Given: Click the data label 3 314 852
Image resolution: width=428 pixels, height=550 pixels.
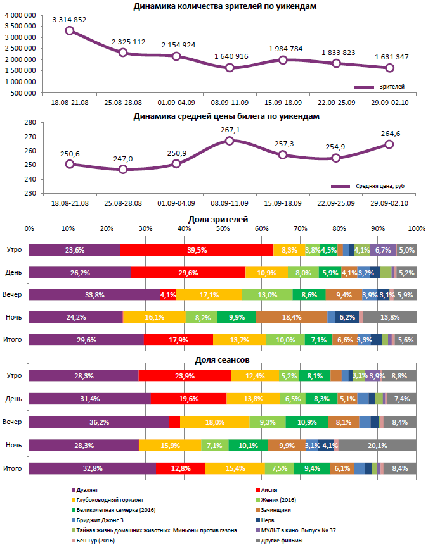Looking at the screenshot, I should click(69, 20).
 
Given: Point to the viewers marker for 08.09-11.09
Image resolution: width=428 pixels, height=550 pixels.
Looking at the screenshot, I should click(230, 67).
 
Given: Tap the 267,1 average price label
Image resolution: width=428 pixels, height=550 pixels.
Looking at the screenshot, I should click(230, 130).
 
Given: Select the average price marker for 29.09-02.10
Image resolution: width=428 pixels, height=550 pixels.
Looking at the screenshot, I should click(389, 144).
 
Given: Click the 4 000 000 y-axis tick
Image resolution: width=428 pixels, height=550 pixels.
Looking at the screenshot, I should click(20, 15).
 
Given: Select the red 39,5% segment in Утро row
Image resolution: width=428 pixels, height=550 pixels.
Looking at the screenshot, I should click(197, 250).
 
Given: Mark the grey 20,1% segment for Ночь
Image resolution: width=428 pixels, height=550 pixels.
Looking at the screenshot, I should click(377, 445).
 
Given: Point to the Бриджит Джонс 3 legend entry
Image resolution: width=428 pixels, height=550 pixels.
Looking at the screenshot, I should click(96, 520).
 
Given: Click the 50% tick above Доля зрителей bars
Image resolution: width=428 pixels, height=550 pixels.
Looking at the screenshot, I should click(223, 228).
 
